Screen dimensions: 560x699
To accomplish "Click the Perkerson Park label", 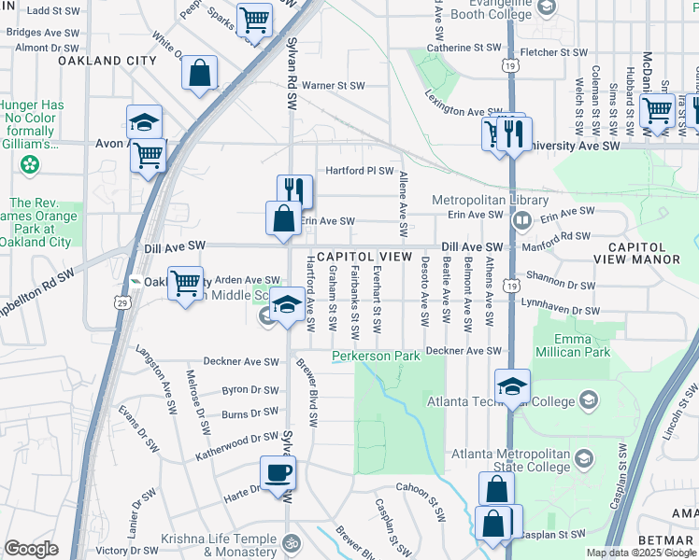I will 377,357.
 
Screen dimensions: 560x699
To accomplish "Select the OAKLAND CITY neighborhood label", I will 107,61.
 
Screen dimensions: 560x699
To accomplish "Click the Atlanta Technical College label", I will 499,402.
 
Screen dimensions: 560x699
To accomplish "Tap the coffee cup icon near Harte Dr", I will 278,472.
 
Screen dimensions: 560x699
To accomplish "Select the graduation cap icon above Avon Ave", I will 145,121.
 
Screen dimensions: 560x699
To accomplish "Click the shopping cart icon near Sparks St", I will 254,18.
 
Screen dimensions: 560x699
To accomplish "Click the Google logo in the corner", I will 31,549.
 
